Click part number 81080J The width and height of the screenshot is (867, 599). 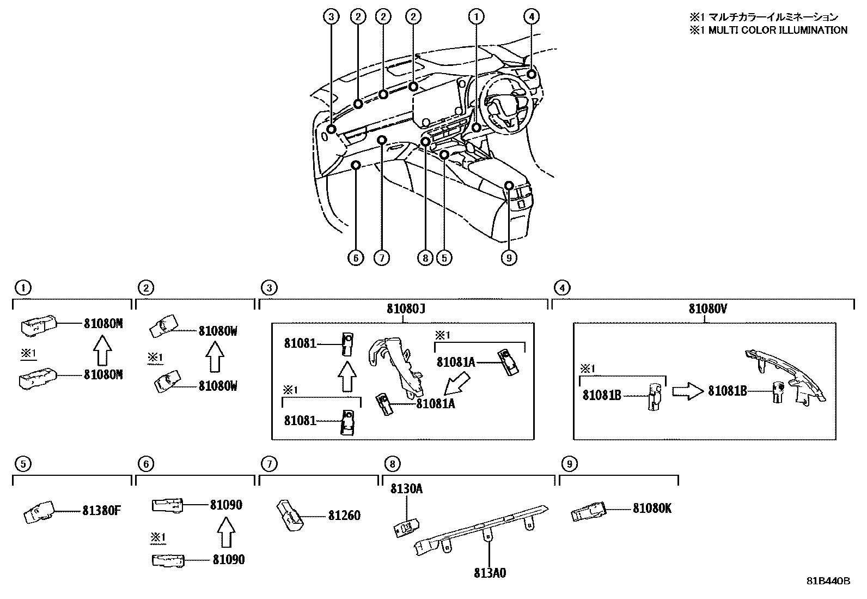click(x=406, y=308)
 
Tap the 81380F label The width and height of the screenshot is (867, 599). click(x=102, y=511)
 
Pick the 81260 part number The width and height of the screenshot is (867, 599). click(x=344, y=515)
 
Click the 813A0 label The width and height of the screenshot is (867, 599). click(x=489, y=573)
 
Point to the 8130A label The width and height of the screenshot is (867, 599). click(x=406, y=489)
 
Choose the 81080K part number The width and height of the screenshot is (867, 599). click(x=652, y=509)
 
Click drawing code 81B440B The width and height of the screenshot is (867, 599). click(x=828, y=581)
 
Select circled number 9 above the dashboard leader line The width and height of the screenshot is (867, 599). click(x=509, y=257)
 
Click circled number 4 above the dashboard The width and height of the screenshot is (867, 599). click(x=532, y=17)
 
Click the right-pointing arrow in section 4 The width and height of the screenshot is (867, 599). click(x=688, y=391)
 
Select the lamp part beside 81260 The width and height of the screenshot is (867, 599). click(x=291, y=514)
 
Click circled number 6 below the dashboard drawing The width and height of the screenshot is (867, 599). click(x=356, y=257)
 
